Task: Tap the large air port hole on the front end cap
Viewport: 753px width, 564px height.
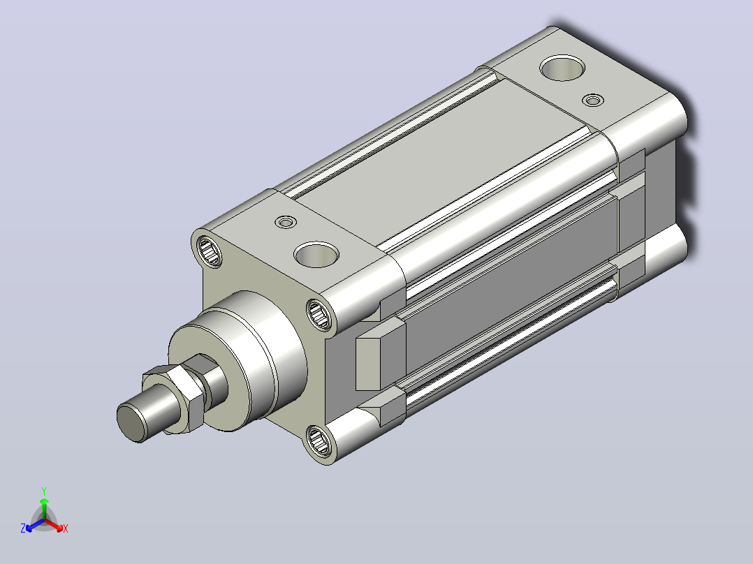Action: [316, 255]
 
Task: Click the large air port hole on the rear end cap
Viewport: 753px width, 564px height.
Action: [562, 68]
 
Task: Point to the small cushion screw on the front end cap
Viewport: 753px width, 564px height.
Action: [286, 222]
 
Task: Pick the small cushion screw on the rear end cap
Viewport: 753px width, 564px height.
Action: [593, 101]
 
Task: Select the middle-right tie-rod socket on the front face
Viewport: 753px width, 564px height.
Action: [318, 314]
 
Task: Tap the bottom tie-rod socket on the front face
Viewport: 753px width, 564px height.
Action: [318, 440]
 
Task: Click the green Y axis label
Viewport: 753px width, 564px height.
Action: [44, 491]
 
